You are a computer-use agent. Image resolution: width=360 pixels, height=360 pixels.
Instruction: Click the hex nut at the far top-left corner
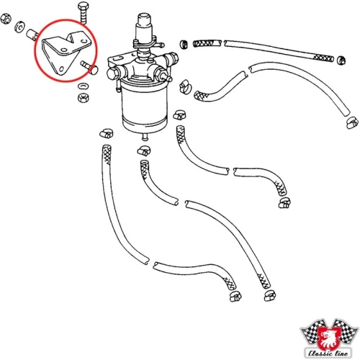point(6,19)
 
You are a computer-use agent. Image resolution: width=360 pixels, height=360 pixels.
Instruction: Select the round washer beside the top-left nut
point(19,27)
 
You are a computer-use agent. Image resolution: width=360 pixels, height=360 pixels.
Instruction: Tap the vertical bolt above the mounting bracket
point(83,12)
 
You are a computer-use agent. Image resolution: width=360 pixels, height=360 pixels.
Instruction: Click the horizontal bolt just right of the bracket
point(89,68)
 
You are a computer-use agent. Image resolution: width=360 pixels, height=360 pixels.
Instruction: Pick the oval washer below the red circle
point(83,86)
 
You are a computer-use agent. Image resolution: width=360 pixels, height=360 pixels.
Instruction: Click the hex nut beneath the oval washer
point(84,97)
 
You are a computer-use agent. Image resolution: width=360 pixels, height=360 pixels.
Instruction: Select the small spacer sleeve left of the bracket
point(32,35)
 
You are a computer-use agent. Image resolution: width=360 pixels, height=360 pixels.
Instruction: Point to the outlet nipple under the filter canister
point(145,138)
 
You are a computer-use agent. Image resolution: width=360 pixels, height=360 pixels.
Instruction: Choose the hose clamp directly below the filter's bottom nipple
point(144,150)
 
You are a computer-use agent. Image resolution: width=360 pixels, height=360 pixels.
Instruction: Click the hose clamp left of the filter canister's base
point(107,133)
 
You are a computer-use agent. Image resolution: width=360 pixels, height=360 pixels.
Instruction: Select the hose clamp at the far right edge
point(353,122)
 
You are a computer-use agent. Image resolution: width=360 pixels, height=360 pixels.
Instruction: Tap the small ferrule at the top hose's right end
point(341,60)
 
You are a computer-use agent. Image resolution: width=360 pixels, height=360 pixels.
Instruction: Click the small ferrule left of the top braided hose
point(184,44)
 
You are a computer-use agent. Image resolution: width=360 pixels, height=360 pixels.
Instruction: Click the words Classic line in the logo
point(328,353)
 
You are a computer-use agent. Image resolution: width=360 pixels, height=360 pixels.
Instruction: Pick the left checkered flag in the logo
point(312,333)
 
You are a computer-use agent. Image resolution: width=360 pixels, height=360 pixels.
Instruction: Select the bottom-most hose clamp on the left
point(235,297)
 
